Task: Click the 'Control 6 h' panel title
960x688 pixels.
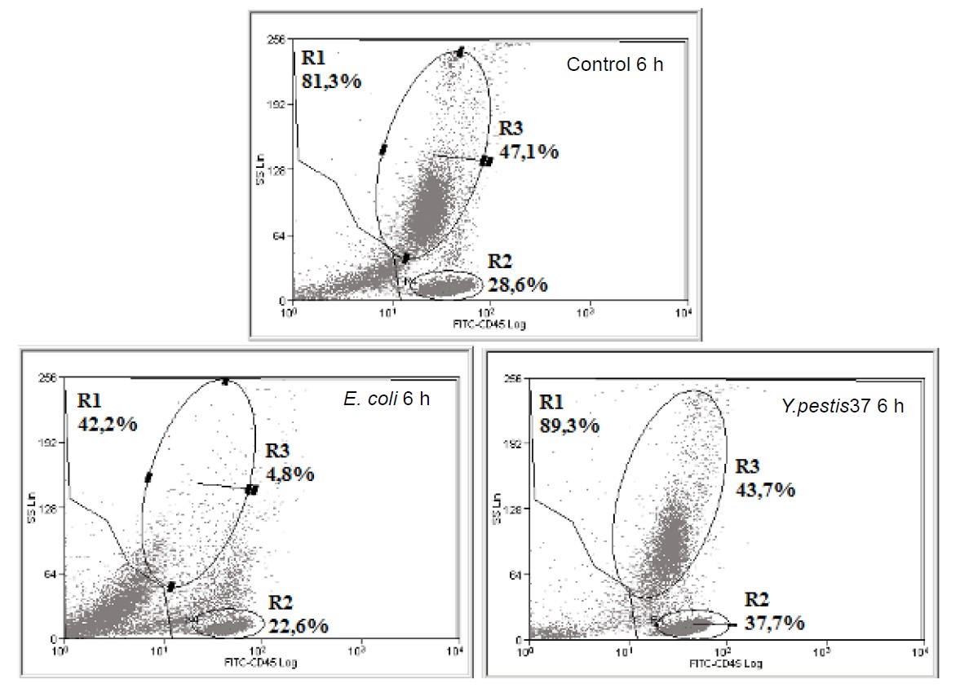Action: pyautogui.click(x=614, y=64)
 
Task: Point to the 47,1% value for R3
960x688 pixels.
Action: pyautogui.click(x=529, y=151)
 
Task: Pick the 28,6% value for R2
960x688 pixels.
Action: pyautogui.click(x=518, y=284)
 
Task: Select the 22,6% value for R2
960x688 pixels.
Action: pyautogui.click(x=298, y=625)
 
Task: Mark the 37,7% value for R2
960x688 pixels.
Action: pyautogui.click(x=774, y=623)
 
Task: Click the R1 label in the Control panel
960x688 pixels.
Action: pyautogui.click(x=315, y=59)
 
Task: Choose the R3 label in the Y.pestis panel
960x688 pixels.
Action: pyautogui.click(x=750, y=467)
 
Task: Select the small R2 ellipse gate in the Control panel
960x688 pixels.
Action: pyautogui.click(x=444, y=284)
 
